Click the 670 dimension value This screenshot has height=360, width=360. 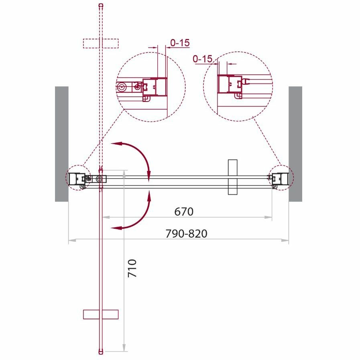click(x=184, y=212)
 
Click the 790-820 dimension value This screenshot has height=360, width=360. click(x=186, y=234)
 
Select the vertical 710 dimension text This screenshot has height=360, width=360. click(x=132, y=268)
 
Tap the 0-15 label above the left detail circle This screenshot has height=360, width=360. click(x=180, y=43)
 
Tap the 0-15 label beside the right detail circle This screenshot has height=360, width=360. click(x=203, y=59)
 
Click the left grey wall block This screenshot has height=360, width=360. click(x=62, y=144)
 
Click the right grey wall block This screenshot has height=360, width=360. click(x=295, y=144)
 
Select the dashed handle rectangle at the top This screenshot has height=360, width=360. click(x=101, y=43)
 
